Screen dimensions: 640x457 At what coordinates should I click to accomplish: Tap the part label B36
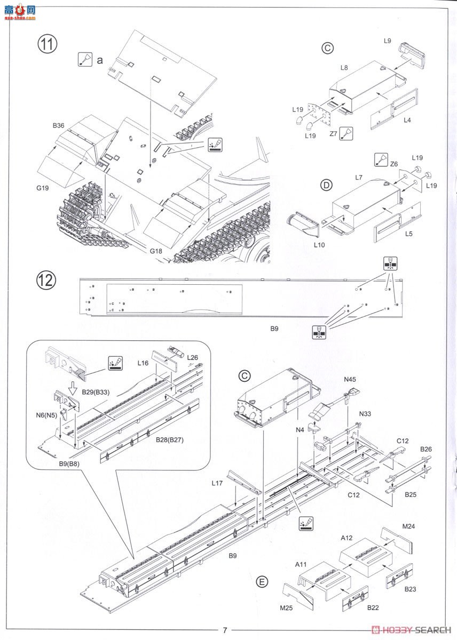click(x=59, y=125)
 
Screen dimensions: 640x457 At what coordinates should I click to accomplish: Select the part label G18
click(x=156, y=251)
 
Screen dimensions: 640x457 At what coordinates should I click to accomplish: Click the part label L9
click(x=388, y=40)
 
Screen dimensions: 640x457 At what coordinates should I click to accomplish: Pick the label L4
click(x=407, y=120)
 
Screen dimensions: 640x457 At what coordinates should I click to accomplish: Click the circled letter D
click(x=325, y=186)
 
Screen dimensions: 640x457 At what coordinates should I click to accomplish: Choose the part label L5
click(x=408, y=233)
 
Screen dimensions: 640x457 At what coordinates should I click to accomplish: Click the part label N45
click(x=350, y=380)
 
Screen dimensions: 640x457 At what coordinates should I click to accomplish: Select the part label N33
click(x=366, y=413)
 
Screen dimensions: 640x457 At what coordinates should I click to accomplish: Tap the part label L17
click(x=217, y=484)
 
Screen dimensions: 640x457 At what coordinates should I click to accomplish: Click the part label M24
click(x=408, y=526)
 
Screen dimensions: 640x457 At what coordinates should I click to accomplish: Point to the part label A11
click(x=301, y=563)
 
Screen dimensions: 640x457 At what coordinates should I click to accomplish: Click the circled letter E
click(x=262, y=581)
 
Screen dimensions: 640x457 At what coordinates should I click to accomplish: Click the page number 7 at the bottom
click(x=225, y=630)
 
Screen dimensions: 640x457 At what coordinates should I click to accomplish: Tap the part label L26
click(x=193, y=357)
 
